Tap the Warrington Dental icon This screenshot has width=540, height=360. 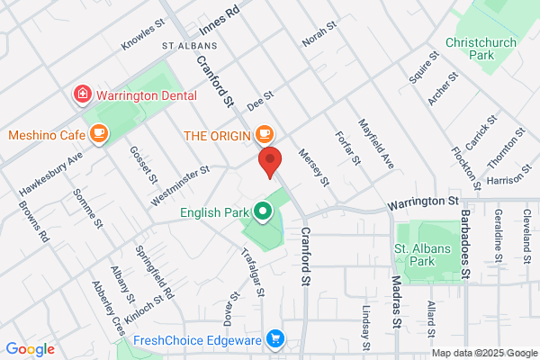tap(82, 94)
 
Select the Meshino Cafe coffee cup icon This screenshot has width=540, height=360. tap(99, 135)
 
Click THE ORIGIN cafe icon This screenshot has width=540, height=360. tap(263, 135)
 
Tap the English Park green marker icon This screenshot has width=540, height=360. tap(263, 212)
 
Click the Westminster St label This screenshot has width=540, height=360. tap(180, 169)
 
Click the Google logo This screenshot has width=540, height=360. tap(31, 349)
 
